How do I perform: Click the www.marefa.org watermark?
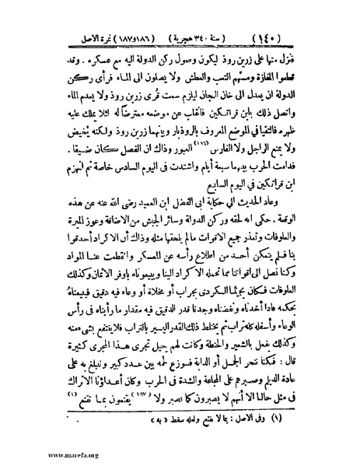pos(33,454)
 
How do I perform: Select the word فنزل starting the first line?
pos(303,57)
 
